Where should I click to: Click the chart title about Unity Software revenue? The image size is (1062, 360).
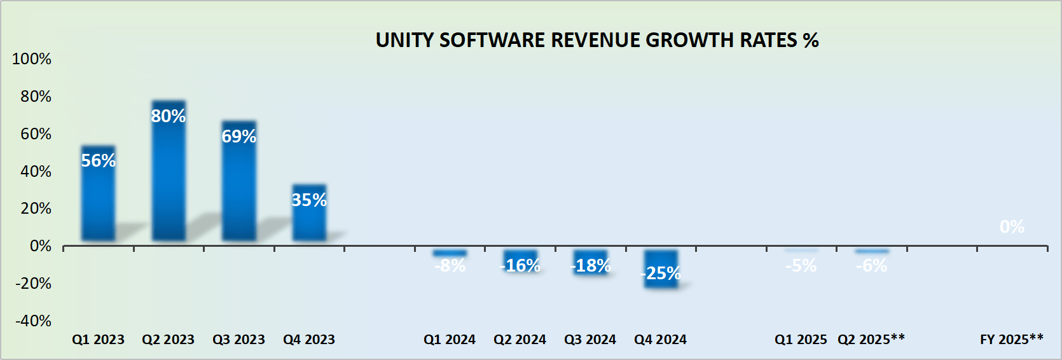tap(597, 40)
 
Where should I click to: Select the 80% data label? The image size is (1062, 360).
tap(169, 116)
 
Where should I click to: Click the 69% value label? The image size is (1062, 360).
tap(239, 136)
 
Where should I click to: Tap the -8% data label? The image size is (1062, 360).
tap(450, 266)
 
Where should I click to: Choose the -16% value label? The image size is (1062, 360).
tap(520, 266)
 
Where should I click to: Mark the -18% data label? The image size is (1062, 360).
tap(591, 266)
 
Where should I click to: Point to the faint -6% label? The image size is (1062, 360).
tap(871, 266)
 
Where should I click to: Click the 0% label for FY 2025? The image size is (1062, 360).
tap(1012, 227)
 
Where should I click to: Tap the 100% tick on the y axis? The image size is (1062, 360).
tap(32, 59)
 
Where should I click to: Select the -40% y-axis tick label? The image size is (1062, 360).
tap(33, 321)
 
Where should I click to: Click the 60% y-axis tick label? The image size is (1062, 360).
tap(36, 134)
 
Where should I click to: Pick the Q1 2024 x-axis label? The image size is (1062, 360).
tap(450, 340)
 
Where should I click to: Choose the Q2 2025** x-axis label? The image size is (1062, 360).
tap(871, 340)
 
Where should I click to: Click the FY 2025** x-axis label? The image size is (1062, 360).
tap(1011, 340)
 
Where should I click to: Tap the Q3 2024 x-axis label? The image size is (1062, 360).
tap(590, 340)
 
